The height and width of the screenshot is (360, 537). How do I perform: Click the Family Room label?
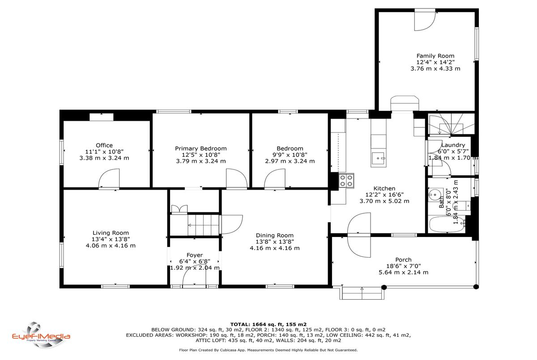(435, 56)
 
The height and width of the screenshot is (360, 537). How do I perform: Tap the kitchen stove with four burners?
(346, 181)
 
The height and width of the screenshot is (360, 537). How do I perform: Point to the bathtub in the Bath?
(447, 224)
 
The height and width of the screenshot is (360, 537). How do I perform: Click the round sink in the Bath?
(434, 195)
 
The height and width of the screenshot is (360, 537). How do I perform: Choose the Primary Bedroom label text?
(200, 148)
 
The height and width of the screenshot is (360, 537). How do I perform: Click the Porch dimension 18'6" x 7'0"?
(404, 266)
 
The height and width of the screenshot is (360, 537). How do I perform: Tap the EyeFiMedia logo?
(41, 335)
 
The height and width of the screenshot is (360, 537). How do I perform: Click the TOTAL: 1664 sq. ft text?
(257, 325)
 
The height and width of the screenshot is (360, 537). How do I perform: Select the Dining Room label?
(274, 235)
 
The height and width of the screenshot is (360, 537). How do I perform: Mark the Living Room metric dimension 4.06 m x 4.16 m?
(111, 246)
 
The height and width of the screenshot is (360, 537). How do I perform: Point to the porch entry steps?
(362, 292)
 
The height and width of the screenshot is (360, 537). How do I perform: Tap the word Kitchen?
(384, 189)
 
